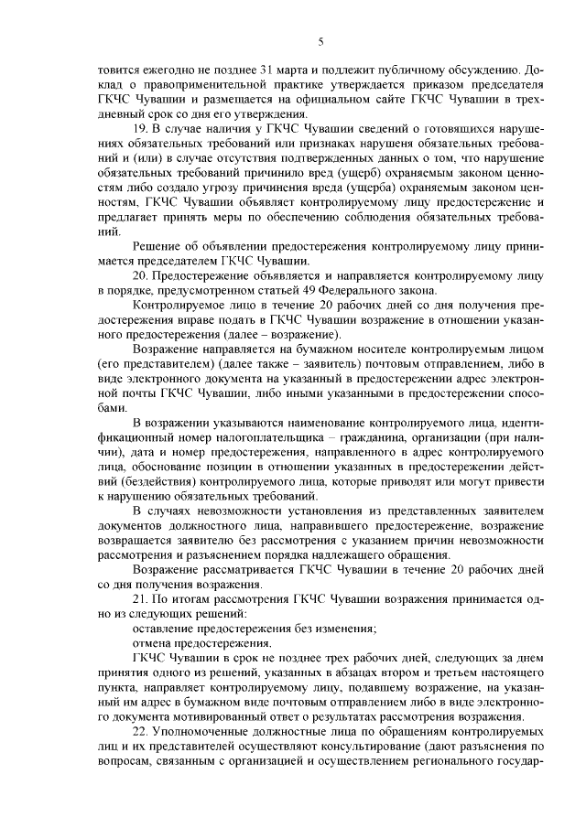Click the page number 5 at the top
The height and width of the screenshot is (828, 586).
point(321,41)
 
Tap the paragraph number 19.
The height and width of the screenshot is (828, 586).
point(139,130)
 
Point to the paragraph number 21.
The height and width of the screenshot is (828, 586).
point(139,598)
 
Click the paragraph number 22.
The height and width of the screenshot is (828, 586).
point(139,731)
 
